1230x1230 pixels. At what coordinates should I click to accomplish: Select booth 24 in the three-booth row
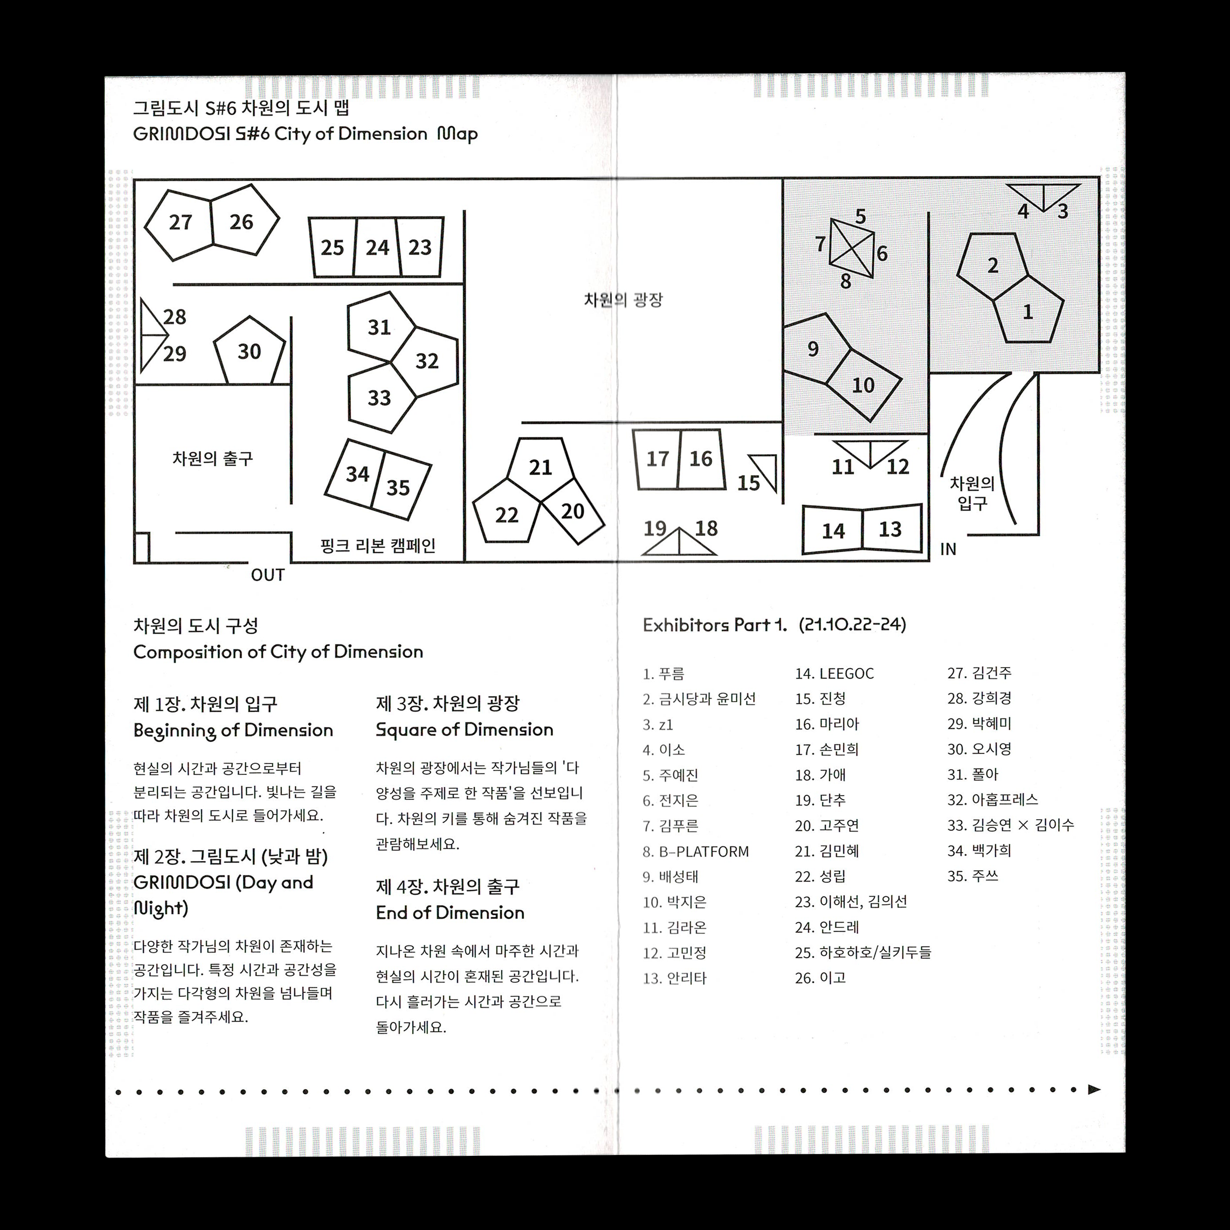[x=377, y=248]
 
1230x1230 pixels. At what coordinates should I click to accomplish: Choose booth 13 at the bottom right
[x=890, y=529]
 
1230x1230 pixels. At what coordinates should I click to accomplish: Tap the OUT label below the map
[x=267, y=575]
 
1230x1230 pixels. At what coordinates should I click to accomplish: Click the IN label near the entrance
[x=948, y=549]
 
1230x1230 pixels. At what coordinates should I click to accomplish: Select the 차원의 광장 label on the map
[x=623, y=300]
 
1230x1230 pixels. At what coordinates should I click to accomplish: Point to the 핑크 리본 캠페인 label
[x=378, y=546]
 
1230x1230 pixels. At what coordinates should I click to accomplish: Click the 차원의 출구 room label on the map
[x=213, y=458]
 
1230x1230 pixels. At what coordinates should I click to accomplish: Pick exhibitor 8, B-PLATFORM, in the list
[x=696, y=851]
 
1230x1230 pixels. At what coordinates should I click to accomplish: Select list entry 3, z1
[x=658, y=724]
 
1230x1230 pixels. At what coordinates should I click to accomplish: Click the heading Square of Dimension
[x=464, y=730]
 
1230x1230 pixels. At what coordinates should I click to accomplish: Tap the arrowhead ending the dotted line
[x=1094, y=1089]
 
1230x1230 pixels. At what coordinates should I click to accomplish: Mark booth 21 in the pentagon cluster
[x=540, y=467]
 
